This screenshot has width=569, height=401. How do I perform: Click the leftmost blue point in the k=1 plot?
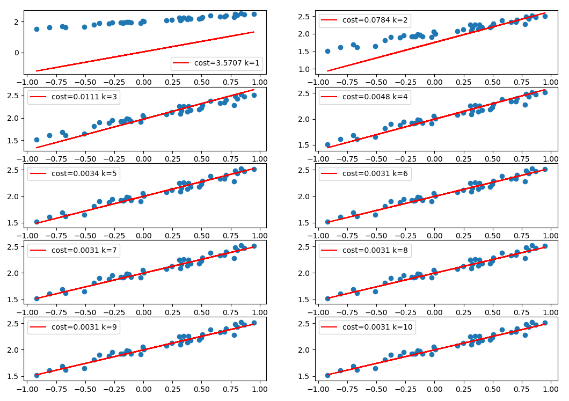pyautogui.click(x=37, y=29)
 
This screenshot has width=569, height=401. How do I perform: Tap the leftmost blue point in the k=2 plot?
pyautogui.click(x=327, y=51)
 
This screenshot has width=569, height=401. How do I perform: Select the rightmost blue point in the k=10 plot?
pyautogui.click(x=545, y=323)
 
